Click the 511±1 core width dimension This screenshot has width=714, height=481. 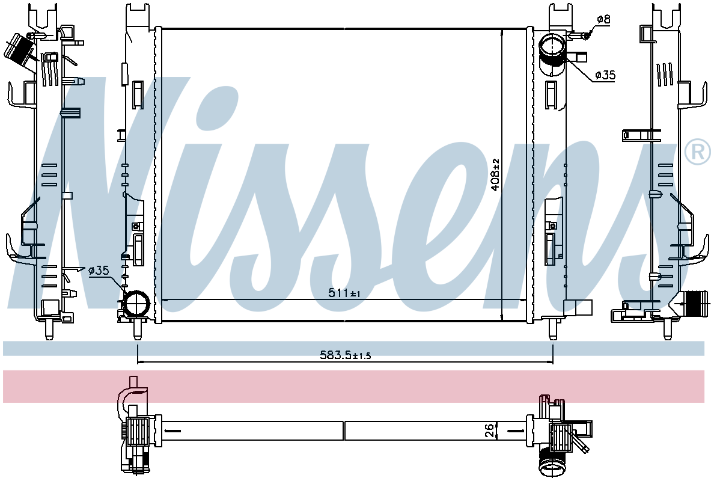pos(344,293)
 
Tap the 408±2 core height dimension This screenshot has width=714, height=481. pos(496,174)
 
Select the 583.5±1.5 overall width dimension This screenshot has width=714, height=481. pos(345,355)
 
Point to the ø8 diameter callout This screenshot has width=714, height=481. pos(603,19)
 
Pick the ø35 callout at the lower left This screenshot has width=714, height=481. pos(99,271)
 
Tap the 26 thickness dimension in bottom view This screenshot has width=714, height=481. pos(489,430)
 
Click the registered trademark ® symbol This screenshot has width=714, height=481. pos(698,152)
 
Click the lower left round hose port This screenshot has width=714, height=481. pos(136,303)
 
